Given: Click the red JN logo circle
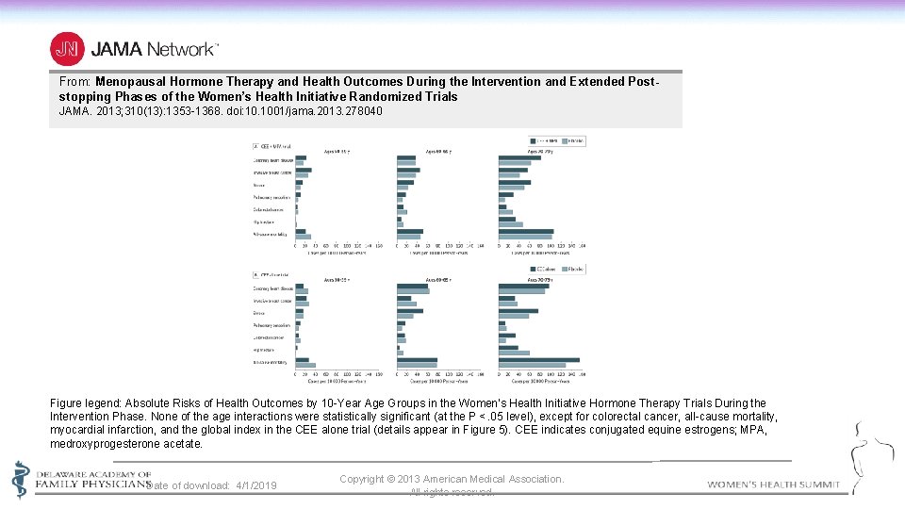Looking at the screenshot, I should coord(67,48).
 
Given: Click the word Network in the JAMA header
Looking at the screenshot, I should coord(181,48).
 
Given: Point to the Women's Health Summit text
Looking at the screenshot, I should coord(773,484).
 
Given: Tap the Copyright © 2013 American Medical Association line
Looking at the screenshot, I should coord(452,479).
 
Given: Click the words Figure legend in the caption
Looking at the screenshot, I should coord(85,403).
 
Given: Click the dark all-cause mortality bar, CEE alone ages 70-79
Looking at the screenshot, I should coord(538,360).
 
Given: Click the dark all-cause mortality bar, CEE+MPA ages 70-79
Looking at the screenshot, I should coord(526,231).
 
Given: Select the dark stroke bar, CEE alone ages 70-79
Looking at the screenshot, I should coord(518,311).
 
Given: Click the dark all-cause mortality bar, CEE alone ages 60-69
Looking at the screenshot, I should coord(417,360).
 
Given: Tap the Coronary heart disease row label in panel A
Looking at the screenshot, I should coord(272,160).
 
